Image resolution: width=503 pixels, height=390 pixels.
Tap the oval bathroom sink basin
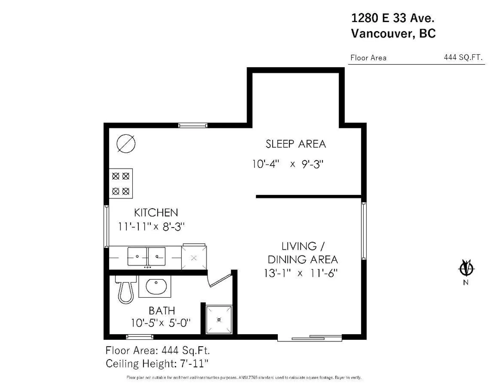coord(156,287)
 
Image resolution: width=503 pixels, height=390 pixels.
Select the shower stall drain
coord(219,320)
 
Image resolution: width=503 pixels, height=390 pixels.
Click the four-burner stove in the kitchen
coord(121,183)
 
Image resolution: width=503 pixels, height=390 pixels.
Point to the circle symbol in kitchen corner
coord(126,144)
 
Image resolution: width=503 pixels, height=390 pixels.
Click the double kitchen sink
coord(146,256)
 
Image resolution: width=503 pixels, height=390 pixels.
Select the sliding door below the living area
coord(310,338)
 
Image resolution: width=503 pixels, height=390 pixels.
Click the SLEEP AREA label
coord(296,144)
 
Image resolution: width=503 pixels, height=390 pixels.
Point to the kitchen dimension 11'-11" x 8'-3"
coord(151,226)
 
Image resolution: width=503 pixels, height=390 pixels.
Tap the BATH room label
coord(162,311)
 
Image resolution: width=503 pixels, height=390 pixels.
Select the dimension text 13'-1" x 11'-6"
coord(300,273)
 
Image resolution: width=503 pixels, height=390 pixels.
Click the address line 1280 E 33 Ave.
coord(392,18)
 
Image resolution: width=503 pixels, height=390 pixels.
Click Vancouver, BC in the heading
coord(393,33)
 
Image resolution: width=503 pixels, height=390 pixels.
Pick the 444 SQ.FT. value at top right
coord(463,57)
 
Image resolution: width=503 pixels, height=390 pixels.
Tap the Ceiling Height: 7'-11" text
coord(157,364)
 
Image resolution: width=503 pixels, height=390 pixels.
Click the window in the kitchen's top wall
coord(193,125)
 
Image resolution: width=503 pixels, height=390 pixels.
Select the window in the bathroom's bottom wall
coord(140,337)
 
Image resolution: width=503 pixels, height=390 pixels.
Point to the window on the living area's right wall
coord(364,231)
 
